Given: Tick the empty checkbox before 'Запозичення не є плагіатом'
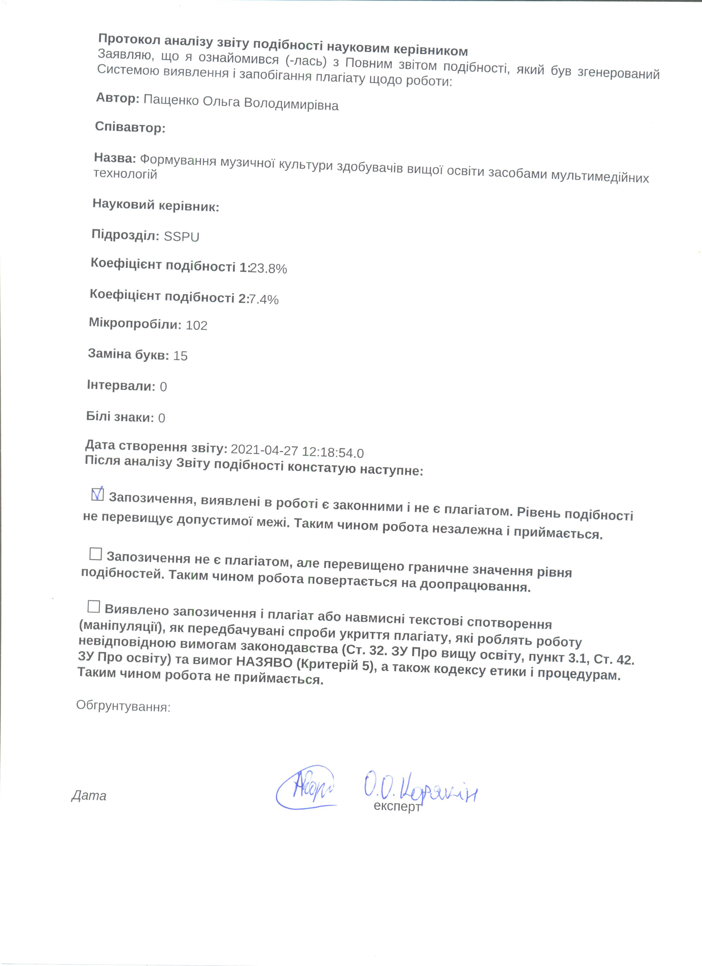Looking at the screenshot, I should click(96, 554).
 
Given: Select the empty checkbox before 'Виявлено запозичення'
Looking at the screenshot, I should click(94, 607).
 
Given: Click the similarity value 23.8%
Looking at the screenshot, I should click(268, 268).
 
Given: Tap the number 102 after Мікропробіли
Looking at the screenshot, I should click(197, 325).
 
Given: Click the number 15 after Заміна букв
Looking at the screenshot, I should click(181, 356).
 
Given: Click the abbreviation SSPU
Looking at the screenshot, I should click(181, 237).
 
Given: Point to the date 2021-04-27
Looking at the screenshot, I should click(264, 450).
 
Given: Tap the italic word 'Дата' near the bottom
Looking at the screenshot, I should click(89, 796).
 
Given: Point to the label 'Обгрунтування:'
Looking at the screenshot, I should click(123, 707).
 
